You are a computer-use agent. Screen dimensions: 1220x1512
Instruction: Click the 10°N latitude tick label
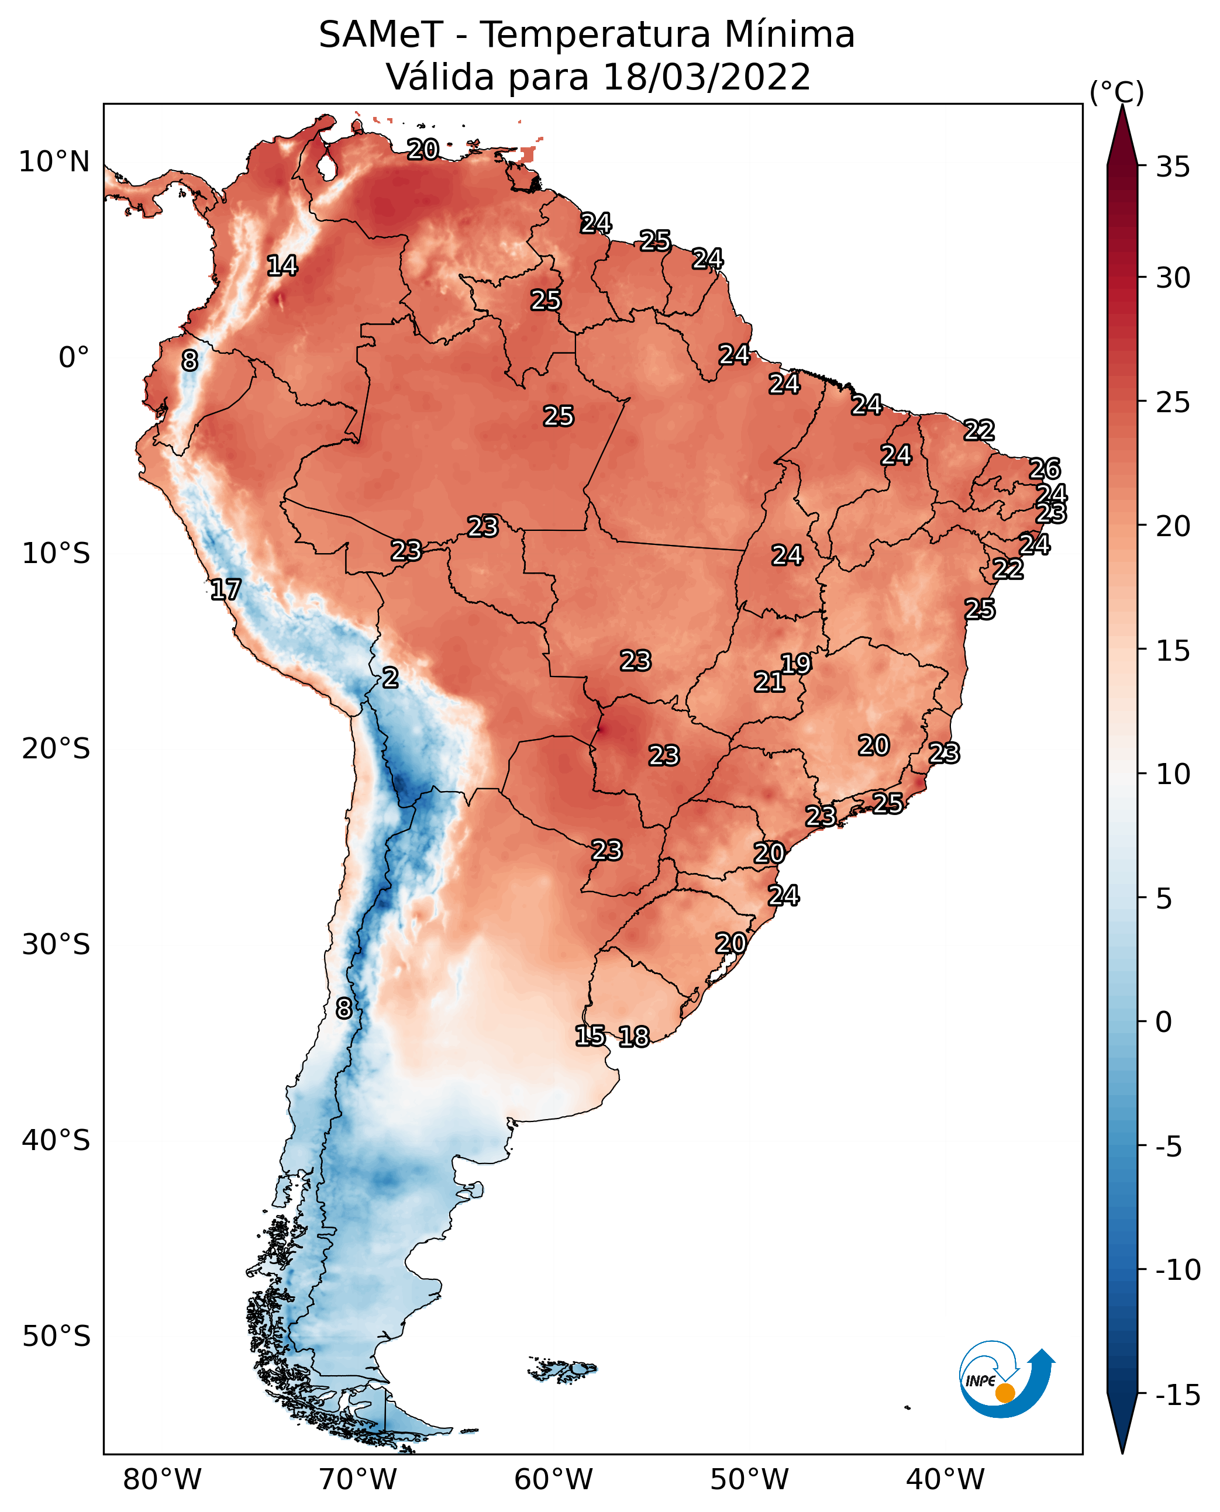pyautogui.click(x=54, y=163)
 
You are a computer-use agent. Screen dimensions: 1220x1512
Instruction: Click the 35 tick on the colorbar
pyautogui.click(x=1173, y=167)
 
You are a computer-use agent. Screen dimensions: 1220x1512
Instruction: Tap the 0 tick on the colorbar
pyautogui.click(x=1164, y=1022)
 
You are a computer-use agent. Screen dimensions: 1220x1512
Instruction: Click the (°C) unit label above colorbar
pyautogui.click(x=1116, y=93)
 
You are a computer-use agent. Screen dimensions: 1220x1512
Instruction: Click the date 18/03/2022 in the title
pyautogui.click(x=707, y=77)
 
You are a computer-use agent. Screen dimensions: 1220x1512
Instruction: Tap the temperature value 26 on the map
pyautogui.click(x=1045, y=469)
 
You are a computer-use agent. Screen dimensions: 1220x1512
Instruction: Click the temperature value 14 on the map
pyautogui.click(x=282, y=265)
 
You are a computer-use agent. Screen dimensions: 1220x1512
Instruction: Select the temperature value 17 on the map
pyautogui.click(x=226, y=589)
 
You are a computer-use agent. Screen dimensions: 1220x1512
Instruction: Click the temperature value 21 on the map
pyautogui.click(x=770, y=682)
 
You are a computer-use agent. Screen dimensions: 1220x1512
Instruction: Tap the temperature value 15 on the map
pyautogui.click(x=590, y=1035)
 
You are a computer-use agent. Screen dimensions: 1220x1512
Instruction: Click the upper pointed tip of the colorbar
pyautogui.click(x=1122, y=105)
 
